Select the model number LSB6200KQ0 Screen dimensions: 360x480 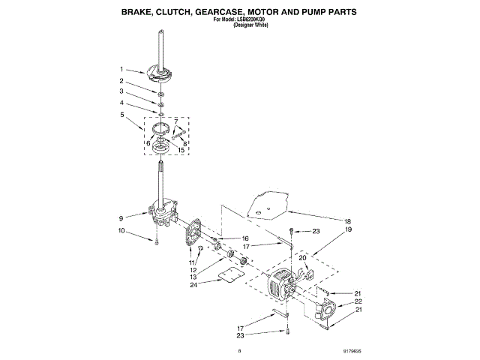253,19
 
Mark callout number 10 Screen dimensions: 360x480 121,231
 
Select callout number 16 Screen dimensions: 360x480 244,238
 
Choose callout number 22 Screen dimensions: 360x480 358,301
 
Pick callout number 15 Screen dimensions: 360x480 181,150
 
